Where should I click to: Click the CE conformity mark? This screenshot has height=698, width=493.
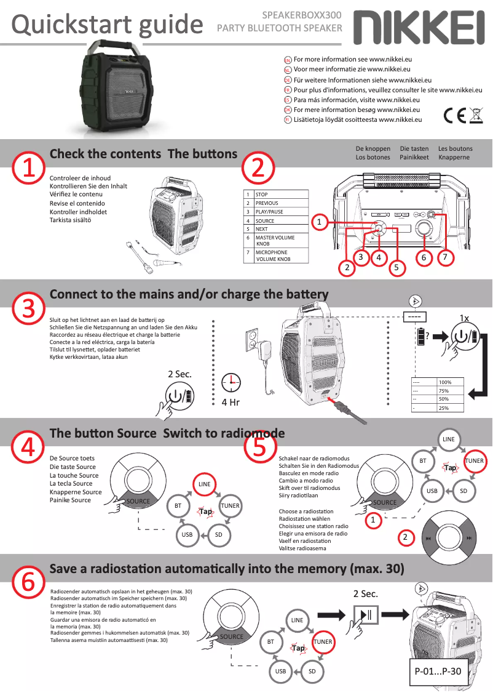(x=453, y=115)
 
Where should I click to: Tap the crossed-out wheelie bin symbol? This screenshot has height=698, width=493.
(x=476, y=115)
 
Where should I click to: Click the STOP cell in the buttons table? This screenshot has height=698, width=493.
(x=281, y=195)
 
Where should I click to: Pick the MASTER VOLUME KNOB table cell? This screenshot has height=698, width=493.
(x=281, y=240)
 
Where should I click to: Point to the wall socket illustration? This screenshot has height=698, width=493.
(x=253, y=339)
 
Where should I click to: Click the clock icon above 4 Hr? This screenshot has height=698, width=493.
(x=231, y=382)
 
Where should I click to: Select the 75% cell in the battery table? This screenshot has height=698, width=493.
(x=450, y=390)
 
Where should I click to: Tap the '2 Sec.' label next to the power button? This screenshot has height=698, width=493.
(x=179, y=374)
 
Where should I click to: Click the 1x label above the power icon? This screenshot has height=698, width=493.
(x=465, y=318)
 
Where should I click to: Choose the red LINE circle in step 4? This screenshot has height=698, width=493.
(x=205, y=484)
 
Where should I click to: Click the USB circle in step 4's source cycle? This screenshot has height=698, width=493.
(x=187, y=535)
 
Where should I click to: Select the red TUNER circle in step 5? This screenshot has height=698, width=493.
(x=474, y=461)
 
